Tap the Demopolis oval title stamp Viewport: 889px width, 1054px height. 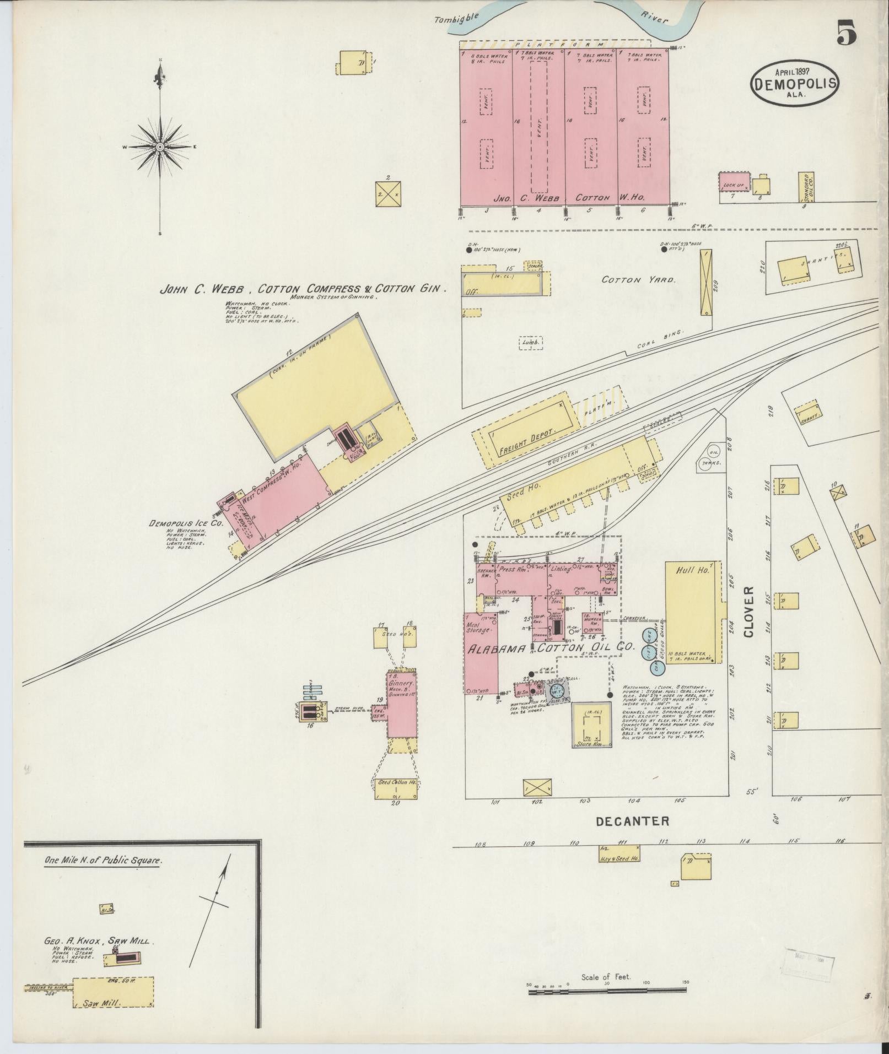pos(794,82)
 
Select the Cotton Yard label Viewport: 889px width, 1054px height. pos(638,280)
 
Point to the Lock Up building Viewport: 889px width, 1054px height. pos(733,181)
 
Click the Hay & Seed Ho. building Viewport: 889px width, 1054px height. pos(619,869)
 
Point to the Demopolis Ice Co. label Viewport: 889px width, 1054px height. pos(186,523)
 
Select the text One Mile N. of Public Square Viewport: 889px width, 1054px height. pos(100,861)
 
